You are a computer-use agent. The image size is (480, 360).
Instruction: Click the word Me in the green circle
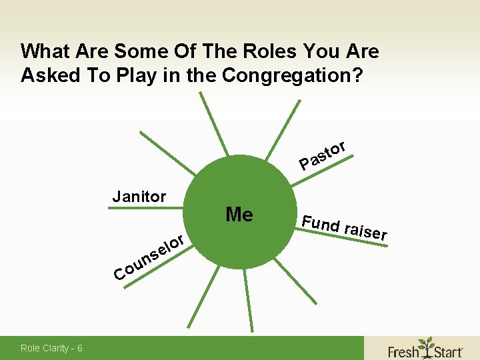pos(239,215)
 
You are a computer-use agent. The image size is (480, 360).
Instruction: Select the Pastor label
pos(322,155)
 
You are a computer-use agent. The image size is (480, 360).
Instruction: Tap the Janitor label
pos(139,197)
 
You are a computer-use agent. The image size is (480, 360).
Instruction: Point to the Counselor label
pos(149,257)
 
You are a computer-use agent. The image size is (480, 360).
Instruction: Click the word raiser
pos(365,229)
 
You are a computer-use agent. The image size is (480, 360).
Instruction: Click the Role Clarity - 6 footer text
pos(52,348)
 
